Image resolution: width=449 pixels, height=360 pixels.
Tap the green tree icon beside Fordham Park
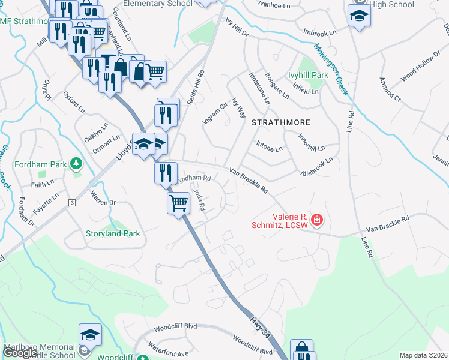pyautogui.click(x=76, y=163)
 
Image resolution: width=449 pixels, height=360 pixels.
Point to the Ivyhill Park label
pyautogui.click(x=308, y=76)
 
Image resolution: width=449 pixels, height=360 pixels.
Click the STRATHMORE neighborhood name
pyautogui.click(x=280, y=122)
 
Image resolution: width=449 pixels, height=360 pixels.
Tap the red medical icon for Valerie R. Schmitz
pyautogui.click(x=316, y=221)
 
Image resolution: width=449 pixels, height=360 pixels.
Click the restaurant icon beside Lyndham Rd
pyautogui.click(x=166, y=172)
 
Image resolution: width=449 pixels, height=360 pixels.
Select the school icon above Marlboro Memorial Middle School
pyautogui.click(x=90, y=334)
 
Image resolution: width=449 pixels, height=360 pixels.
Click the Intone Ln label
pyautogui.click(x=268, y=146)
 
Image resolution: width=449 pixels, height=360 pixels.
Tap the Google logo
pyautogui.click(x=20, y=353)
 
